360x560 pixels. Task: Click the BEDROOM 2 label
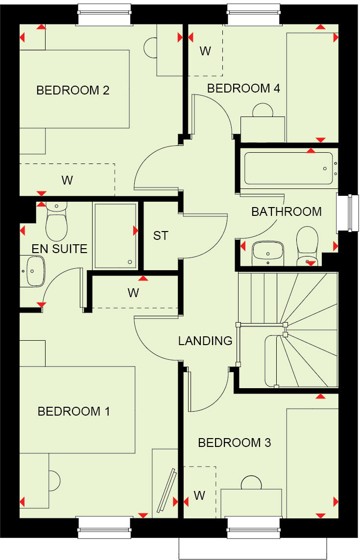click(73, 90)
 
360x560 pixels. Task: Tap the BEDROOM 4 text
click(243, 89)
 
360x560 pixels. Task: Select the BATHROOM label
click(287, 212)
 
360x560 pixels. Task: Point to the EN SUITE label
click(59, 249)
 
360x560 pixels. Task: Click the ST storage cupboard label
click(161, 235)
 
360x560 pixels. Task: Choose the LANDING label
click(205, 341)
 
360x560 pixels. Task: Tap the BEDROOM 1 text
click(74, 411)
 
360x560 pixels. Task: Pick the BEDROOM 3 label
click(234, 443)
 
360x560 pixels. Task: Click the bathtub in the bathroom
click(288, 168)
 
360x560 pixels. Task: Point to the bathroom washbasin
click(268, 253)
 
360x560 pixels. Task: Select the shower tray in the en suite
click(115, 235)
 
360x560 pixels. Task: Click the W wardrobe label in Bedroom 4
click(205, 51)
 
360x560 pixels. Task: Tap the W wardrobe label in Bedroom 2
click(67, 180)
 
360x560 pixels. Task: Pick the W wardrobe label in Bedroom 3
click(199, 495)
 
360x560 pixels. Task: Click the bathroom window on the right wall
click(345, 212)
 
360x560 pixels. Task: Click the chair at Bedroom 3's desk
click(252, 483)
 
